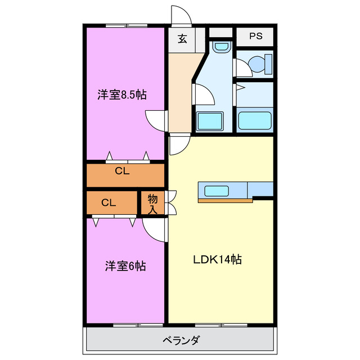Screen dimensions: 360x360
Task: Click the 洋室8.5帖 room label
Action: (122, 94)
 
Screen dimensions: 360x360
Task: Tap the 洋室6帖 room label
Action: (125, 265)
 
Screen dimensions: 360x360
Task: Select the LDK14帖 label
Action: (218, 260)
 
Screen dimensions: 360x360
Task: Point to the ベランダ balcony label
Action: (181, 340)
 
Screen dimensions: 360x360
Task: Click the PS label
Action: (256, 37)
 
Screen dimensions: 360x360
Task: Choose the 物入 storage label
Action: (152, 204)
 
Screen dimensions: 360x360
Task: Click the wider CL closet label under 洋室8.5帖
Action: (123, 172)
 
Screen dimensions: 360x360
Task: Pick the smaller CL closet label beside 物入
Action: (109, 202)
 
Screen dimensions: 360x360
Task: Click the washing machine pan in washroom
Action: (209, 121)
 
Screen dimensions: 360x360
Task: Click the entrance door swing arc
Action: (181, 16)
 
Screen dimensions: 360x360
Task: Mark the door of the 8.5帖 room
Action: (156, 119)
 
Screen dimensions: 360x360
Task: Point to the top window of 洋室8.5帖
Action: (127, 25)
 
